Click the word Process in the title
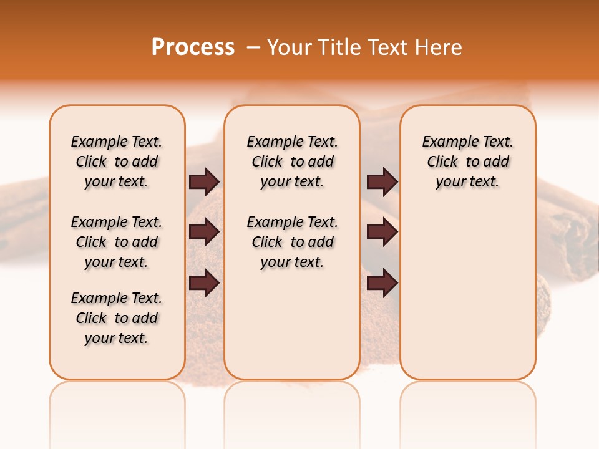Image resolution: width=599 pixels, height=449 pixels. pos(193,47)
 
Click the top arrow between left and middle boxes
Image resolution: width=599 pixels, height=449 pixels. pos(204,182)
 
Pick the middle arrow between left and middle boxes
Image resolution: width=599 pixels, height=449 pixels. pos(204,233)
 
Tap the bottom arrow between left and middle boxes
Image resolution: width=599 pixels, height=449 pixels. pos(204,282)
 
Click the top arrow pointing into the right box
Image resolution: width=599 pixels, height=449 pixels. pos(382,182)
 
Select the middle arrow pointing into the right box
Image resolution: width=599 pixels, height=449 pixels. pos(382,233)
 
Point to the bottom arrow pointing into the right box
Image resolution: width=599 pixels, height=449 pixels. pos(382,282)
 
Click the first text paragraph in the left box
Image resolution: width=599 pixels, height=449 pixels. pos(117,162)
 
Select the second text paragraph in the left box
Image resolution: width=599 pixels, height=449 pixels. pos(117,242)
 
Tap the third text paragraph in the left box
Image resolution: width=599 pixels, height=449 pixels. pos(117,318)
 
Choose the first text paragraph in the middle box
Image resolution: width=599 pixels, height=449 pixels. pos(292,162)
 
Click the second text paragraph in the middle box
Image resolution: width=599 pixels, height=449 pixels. pos(292,242)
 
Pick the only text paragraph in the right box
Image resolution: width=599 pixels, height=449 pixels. pos(467,162)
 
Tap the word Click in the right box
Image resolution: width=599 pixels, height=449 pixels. pos(442,162)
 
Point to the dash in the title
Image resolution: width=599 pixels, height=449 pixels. pos(253,47)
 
